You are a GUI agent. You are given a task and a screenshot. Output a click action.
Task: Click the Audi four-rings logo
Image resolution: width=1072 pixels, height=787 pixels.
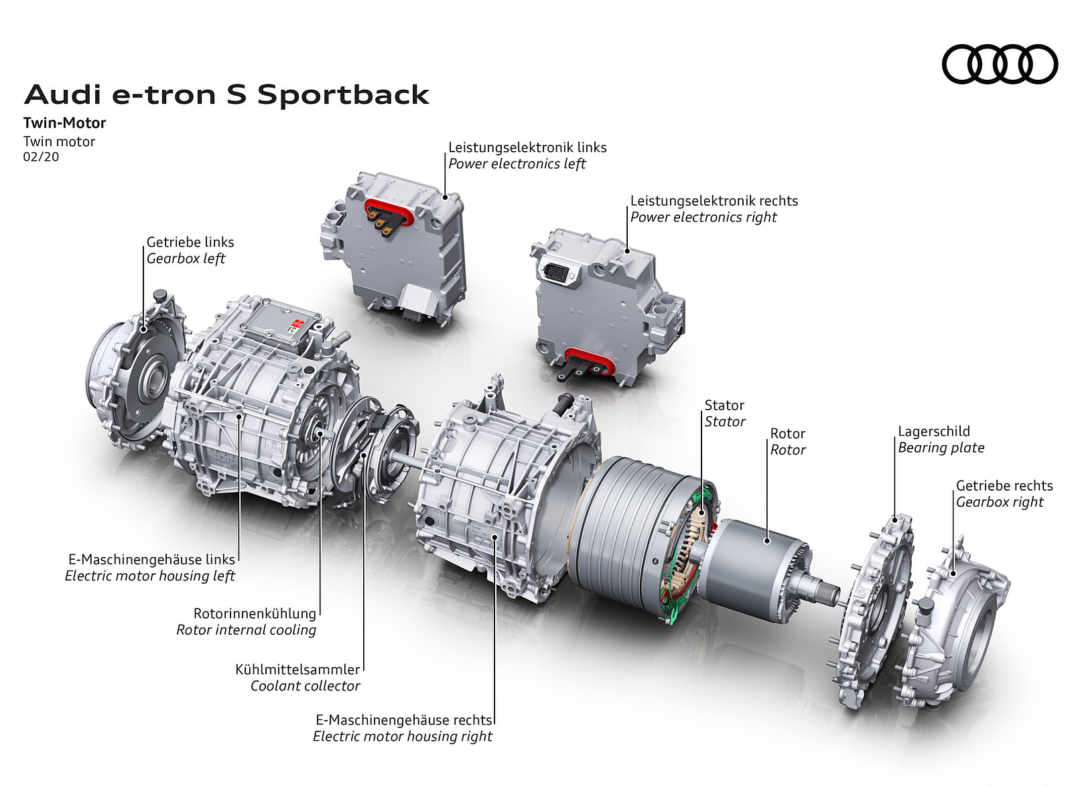[1000, 64]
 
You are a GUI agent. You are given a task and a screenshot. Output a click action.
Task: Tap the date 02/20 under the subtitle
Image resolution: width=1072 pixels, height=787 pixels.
[41, 157]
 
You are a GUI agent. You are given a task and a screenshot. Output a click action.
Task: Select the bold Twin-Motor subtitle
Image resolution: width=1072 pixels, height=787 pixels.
[64, 123]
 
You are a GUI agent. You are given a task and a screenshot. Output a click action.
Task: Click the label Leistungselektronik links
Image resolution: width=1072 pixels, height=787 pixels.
[527, 147]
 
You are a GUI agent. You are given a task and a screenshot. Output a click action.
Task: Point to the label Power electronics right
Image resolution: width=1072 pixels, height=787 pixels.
[703, 217]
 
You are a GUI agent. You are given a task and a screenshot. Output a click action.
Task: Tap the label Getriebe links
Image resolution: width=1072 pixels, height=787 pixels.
[190, 242]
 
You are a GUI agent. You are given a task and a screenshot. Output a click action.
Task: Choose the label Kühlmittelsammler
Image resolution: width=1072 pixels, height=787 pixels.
[297, 669]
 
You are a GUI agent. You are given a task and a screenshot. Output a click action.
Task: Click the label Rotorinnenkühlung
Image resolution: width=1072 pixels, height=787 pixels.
[255, 613]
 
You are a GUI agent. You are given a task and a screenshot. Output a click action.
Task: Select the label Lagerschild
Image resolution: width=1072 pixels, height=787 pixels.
[934, 431]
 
